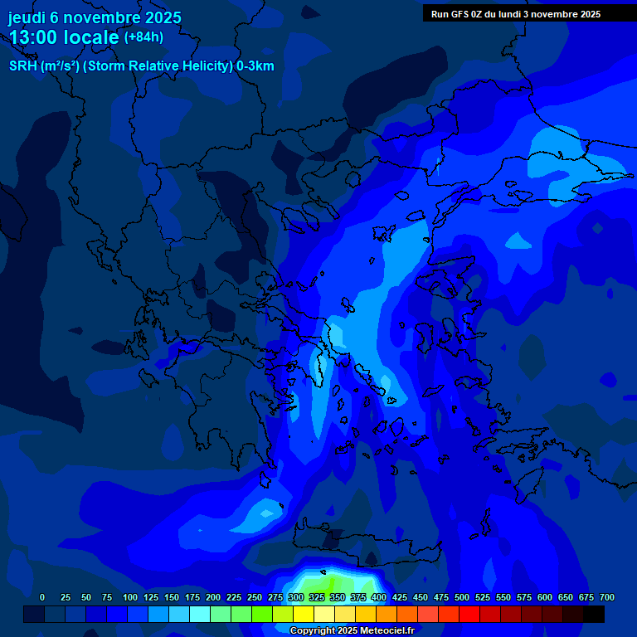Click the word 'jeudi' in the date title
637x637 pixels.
[x=27, y=17]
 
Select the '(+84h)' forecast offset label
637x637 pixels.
[x=143, y=37]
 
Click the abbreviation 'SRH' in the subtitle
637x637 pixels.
[x=23, y=66]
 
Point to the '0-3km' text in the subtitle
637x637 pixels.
[x=255, y=66]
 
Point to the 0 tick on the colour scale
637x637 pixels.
[x=42, y=597]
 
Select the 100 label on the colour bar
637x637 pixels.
[x=130, y=597]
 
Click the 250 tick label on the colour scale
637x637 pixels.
[x=255, y=597]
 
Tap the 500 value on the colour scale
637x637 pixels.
[x=462, y=597]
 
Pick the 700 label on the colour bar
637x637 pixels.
[x=607, y=597]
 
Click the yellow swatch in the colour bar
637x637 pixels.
[x=304, y=614]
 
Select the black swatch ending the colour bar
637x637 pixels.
[x=594, y=614]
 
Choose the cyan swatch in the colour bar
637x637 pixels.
[x=200, y=614]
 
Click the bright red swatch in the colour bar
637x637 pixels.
[x=469, y=614]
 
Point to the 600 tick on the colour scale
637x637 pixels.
[x=545, y=597]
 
